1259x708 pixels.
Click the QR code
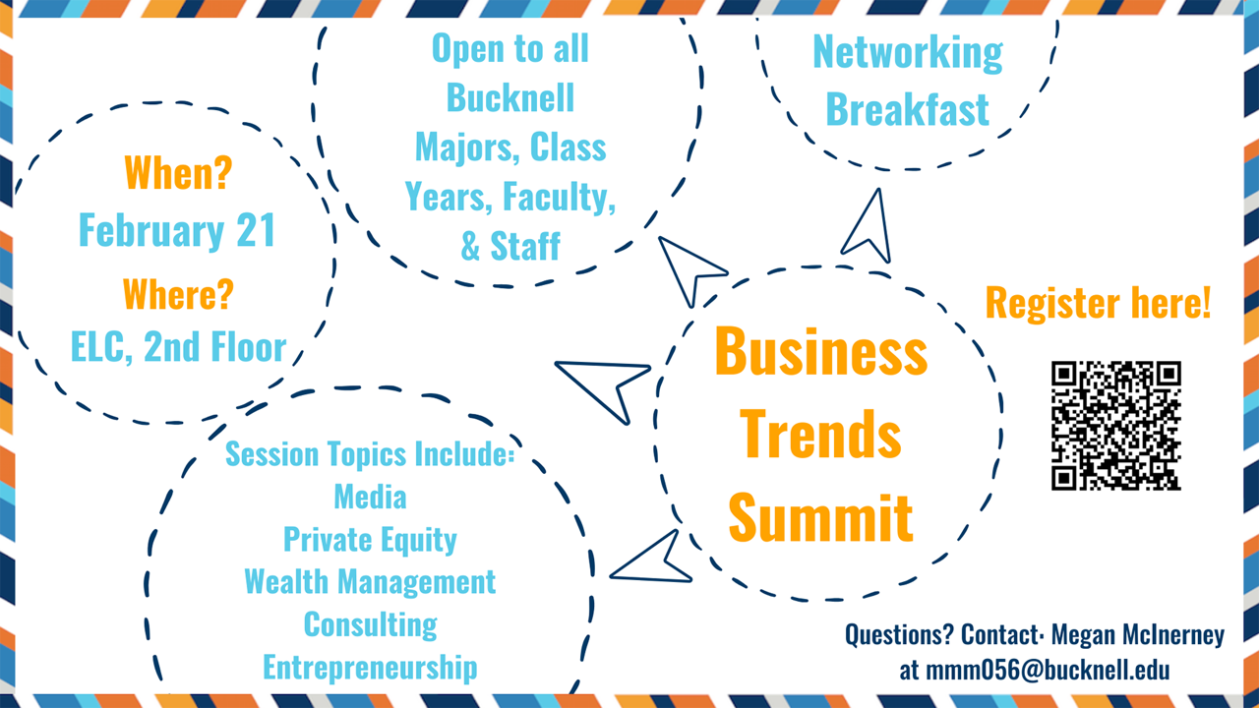(x=1115, y=426)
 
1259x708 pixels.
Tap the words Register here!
(x=1098, y=303)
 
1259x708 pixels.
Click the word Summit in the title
(x=820, y=517)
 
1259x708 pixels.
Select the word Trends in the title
(x=820, y=434)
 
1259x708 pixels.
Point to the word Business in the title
(x=820, y=351)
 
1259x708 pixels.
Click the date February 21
(x=177, y=231)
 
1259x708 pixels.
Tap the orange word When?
(x=178, y=172)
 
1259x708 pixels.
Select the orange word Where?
(x=178, y=294)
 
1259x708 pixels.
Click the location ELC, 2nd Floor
(x=178, y=347)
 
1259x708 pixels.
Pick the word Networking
(x=908, y=53)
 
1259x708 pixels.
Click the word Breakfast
(x=907, y=109)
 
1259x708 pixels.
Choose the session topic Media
(x=370, y=498)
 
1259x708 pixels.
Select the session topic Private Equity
(x=370, y=540)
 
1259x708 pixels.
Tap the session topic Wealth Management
(x=370, y=581)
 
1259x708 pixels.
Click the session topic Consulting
(x=371, y=624)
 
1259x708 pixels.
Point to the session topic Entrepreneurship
(x=370, y=668)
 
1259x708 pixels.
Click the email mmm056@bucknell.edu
(x=1034, y=670)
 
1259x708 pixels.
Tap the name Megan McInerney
(x=1138, y=635)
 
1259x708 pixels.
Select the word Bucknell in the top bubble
(x=510, y=97)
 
